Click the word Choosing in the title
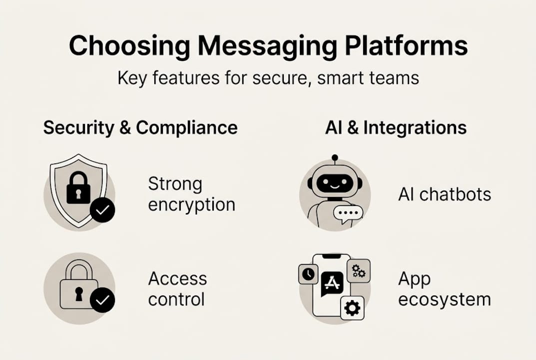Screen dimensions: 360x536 tap(128, 46)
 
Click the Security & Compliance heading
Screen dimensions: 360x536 tap(140, 127)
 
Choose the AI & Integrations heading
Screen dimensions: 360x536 tap(396, 127)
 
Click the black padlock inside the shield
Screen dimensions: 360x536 tap(78, 188)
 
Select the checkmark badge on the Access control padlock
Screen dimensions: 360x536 tap(102, 300)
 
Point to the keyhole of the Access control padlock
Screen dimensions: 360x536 tap(78, 294)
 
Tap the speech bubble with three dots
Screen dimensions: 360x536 tap(348, 213)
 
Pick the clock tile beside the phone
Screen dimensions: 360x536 tap(308, 274)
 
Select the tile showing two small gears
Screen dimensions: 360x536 tap(358, 271)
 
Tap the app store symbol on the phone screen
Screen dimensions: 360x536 tap(332, 283)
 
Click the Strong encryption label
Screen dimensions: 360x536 tap(191, 194)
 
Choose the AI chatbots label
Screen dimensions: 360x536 tap(445, 194)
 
